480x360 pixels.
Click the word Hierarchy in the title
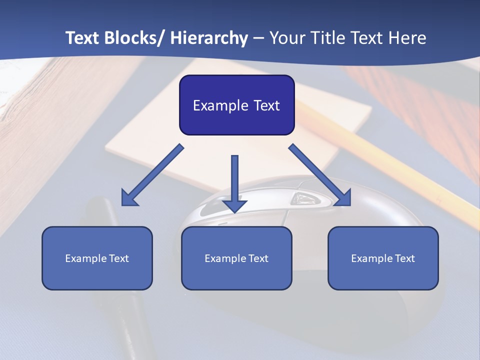coord(209,38)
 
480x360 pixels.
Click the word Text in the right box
coord(405,258)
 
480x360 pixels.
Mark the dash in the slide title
coord(258,38)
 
